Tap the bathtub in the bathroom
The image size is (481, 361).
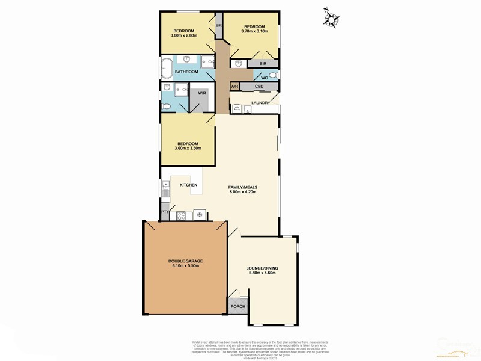(165, 69)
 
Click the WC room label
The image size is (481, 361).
(264, 77)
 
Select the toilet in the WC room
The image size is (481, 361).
(272, 75)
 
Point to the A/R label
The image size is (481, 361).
(235, 87)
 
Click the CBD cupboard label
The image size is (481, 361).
(260, 87)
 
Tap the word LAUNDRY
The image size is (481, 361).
(265, 103)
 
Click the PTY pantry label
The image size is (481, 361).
(164, 212)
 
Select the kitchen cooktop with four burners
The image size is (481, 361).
(180, 214)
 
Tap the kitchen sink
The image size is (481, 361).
(165, 191)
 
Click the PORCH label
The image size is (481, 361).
(238, 306)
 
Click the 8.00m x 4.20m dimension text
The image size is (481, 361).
(242, 192)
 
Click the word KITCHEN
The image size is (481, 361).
(189, 185)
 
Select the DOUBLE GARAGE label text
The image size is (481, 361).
(185, 261)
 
